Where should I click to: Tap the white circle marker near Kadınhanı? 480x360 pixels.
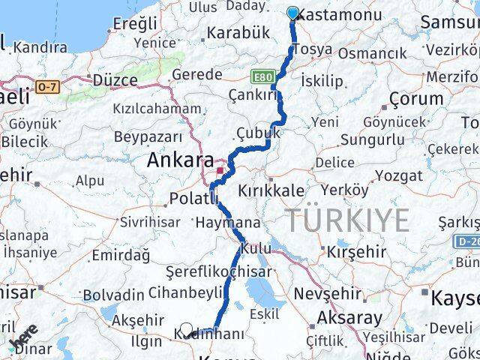[187, 328]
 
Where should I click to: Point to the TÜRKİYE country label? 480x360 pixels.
[347, 220]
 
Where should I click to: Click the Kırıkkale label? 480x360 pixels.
[271, 191]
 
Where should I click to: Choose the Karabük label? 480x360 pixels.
[238, 33]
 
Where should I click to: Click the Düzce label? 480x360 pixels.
[115, 79]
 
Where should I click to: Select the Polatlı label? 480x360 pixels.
[193, 198]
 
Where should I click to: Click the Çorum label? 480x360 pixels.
[416, 98]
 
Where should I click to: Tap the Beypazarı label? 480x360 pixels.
[148, 136]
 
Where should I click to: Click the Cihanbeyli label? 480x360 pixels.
[185, 291]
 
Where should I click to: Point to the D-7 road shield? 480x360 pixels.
[46, 87]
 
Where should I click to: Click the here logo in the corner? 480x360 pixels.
[25, 338]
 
